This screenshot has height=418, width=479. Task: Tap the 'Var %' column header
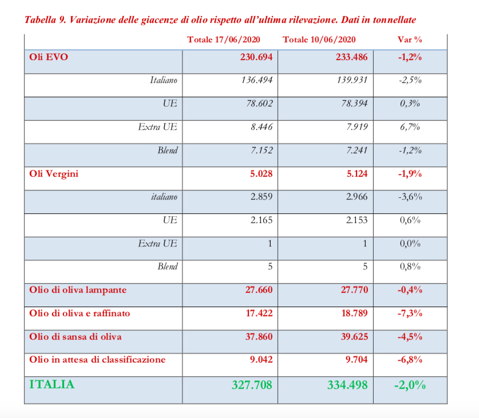pos(410,39)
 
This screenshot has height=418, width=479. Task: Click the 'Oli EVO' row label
pos(49,57)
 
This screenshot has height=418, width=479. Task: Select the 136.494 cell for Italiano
pos(257,80)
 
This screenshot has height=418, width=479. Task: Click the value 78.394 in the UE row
pos(353,103)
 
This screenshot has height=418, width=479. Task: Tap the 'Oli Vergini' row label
pos(54,174)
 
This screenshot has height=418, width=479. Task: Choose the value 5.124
pos(356,174)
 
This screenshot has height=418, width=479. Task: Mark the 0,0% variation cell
pos(410,244)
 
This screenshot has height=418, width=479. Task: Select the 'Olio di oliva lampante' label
pos(78,290)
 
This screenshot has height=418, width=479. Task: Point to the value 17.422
pos(259,313)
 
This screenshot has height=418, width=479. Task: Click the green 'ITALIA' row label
pos(52,384)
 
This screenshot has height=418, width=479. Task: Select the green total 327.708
pos(252,385)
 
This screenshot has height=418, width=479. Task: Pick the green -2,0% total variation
pos(410,385)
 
